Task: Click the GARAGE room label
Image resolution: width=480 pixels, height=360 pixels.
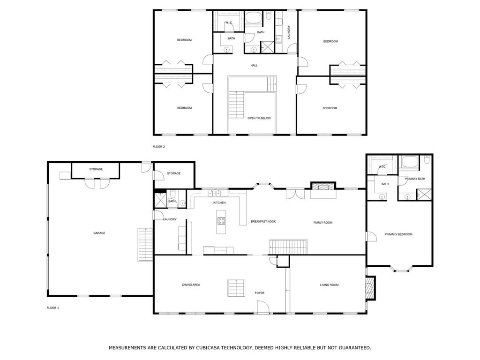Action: click(99, 233)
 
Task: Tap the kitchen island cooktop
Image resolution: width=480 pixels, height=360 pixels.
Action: click(221, 221)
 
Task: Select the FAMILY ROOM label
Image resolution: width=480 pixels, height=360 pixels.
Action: click(322, 223)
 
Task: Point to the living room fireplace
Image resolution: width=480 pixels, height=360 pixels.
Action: click(371, 288)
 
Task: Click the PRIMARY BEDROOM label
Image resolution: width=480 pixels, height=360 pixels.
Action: click(398, 234)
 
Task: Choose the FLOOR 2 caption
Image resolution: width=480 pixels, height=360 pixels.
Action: click(158, 147)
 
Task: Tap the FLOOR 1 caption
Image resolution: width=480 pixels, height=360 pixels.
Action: click(52, 307)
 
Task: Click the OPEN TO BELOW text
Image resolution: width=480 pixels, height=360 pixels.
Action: click(259, 118)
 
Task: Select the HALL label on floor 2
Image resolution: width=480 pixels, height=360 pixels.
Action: click(254, 65)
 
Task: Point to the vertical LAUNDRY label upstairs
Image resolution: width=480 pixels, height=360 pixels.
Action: click(289, 32)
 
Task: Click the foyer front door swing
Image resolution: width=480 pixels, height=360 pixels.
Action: click(263, 307)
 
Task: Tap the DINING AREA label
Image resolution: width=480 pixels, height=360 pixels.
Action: click(191, 285)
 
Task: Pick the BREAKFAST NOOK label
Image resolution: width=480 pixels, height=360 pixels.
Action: click(263, 221)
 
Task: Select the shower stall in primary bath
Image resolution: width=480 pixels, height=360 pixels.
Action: click(424, 195)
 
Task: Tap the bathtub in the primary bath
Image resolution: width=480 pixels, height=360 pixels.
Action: click(410, 162)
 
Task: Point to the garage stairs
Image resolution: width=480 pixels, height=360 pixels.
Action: click(145, 245)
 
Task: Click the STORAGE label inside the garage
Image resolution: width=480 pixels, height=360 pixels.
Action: click(96, 169)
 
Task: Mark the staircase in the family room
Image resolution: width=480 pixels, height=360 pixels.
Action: click(288, 247)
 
